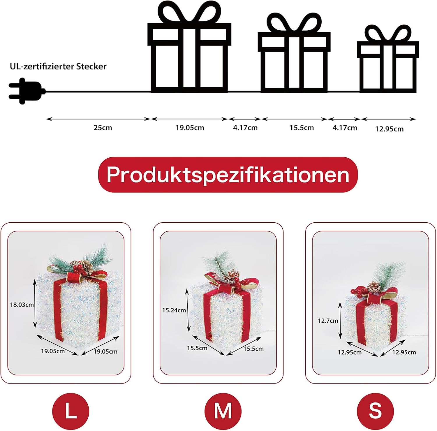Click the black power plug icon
[x=27, y=91]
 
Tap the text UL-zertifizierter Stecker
[x=58, y=66]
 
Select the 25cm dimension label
[x=103, y=128]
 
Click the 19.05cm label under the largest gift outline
[x=190, y=128]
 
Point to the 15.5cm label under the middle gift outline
[x=302, y=128]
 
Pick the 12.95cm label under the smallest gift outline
[x=389, y=129]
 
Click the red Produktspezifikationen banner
[x=228, y=175]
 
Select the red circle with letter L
[x=71, y=411]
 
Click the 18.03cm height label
[x=22, y=305]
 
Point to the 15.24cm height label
[x=174, y=310]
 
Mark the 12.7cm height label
[x=328, y=321]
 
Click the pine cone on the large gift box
[x=87, y=266]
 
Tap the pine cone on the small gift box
[x=374, y=287]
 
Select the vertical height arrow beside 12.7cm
[x=340, y=320]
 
